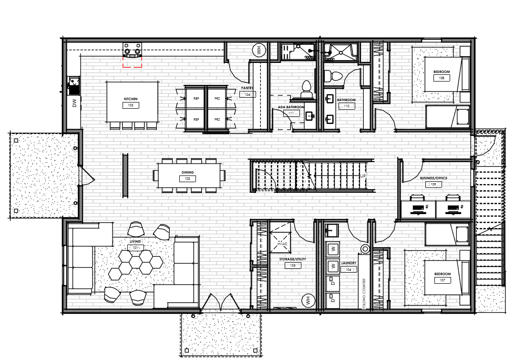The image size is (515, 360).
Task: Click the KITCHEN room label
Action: coord(130,99)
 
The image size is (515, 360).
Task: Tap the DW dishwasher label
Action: coord(75,103)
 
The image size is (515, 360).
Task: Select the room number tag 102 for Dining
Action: coord(187,179)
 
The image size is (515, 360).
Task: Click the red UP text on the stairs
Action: coord(363,175)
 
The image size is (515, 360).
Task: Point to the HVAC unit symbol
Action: coord(280,238)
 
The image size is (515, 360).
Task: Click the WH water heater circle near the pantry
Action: coord(259,51)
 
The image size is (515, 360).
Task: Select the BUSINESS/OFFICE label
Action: coord(433,178)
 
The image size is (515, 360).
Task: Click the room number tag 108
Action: coord(442,78)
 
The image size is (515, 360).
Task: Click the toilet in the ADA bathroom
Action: coord(306,86)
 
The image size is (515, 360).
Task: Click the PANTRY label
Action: coord(247,88)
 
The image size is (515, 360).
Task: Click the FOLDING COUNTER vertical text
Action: coord(363,294)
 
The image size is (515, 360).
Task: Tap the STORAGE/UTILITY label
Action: coord(292,259)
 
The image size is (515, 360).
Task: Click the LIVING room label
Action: coord(134,242)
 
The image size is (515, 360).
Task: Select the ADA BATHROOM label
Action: coord(291,107)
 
